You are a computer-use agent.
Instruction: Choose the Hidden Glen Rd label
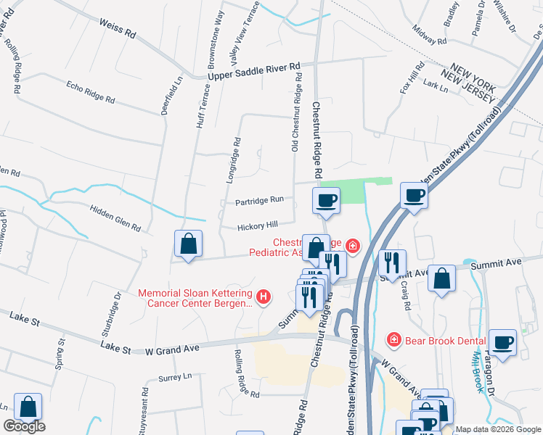[x=115, y=217]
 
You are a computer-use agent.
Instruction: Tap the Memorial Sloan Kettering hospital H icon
[x=264, y=297]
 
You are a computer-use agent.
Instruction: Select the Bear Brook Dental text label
[x=435, y=339]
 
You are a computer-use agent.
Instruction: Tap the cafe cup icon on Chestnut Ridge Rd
[x=326, y=200]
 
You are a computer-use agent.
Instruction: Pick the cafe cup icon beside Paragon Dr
[x=502, y=342]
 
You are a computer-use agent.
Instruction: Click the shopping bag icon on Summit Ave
[x=441, y=279]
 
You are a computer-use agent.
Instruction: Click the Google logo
[x=24, y=426]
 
